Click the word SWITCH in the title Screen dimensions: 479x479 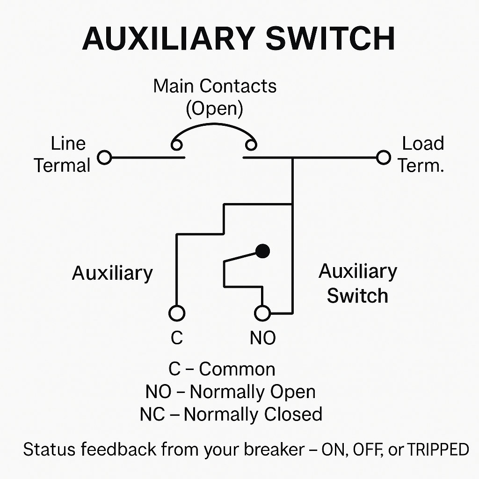click(330, 38)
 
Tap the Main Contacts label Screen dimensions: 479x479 click(215, 86)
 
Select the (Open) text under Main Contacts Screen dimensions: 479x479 click(215, 109)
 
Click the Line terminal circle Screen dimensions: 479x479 click(104, 158)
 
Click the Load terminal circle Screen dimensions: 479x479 click(383, 158)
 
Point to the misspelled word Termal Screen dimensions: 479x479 click(62, 166)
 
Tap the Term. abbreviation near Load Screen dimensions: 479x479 click(421, 166)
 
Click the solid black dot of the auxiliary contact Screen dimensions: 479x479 click(263, 251)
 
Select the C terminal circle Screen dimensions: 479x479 click(176, 313)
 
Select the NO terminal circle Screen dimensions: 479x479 click(262, 313)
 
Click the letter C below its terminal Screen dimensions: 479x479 click(176, 338)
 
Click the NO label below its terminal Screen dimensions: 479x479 click(263, 338)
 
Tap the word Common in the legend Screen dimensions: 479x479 click(237, 369)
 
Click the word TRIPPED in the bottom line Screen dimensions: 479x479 click(438, 450)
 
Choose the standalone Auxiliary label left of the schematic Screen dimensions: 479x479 click(112, 273)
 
